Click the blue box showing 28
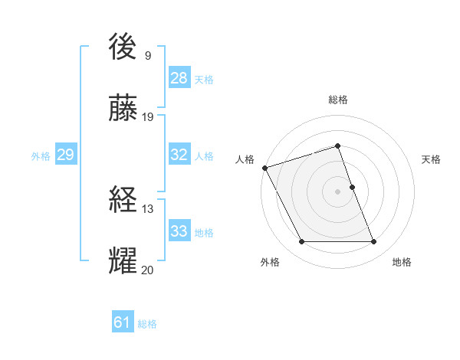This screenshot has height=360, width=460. [x=179, y=77]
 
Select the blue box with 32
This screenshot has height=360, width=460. [x=179, y=154]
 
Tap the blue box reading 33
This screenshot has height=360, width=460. [x=179, y=231]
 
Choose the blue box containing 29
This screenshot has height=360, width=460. [x=65, y=155]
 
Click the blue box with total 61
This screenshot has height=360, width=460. [x=123, y=322]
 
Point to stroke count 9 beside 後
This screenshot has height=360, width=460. [x=147, y=56]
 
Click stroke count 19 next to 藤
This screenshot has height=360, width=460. [x=148, y=117]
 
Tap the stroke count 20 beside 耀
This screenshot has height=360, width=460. [x=148, y=270]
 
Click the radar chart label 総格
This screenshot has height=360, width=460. [x=338, y=100]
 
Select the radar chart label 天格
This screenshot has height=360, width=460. [x=431, y=159]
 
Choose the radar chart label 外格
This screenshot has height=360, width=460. [x=270, y=262]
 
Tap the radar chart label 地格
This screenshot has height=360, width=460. [x=402, y=262]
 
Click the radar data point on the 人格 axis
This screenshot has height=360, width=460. [x=264, y=168]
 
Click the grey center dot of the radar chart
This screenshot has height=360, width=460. [x=338, y=191]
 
